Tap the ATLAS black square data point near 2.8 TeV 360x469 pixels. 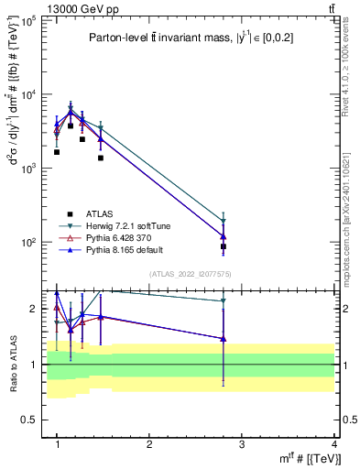click(x=224, y=246)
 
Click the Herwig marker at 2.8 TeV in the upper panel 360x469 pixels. click(x=224, y=221)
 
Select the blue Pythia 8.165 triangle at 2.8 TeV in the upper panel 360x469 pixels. click(x=224, y=236)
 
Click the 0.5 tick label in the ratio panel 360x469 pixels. click(x=31, y=420)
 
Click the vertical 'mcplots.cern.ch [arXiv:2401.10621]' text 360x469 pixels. click(x=353, y=202)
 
